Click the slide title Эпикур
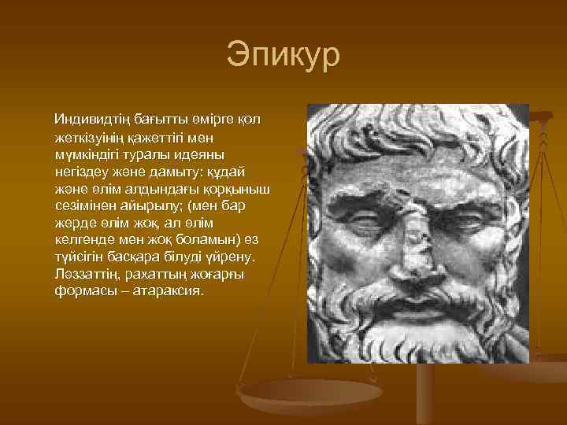(x=283, y=56)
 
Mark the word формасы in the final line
(x=81, y=290)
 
